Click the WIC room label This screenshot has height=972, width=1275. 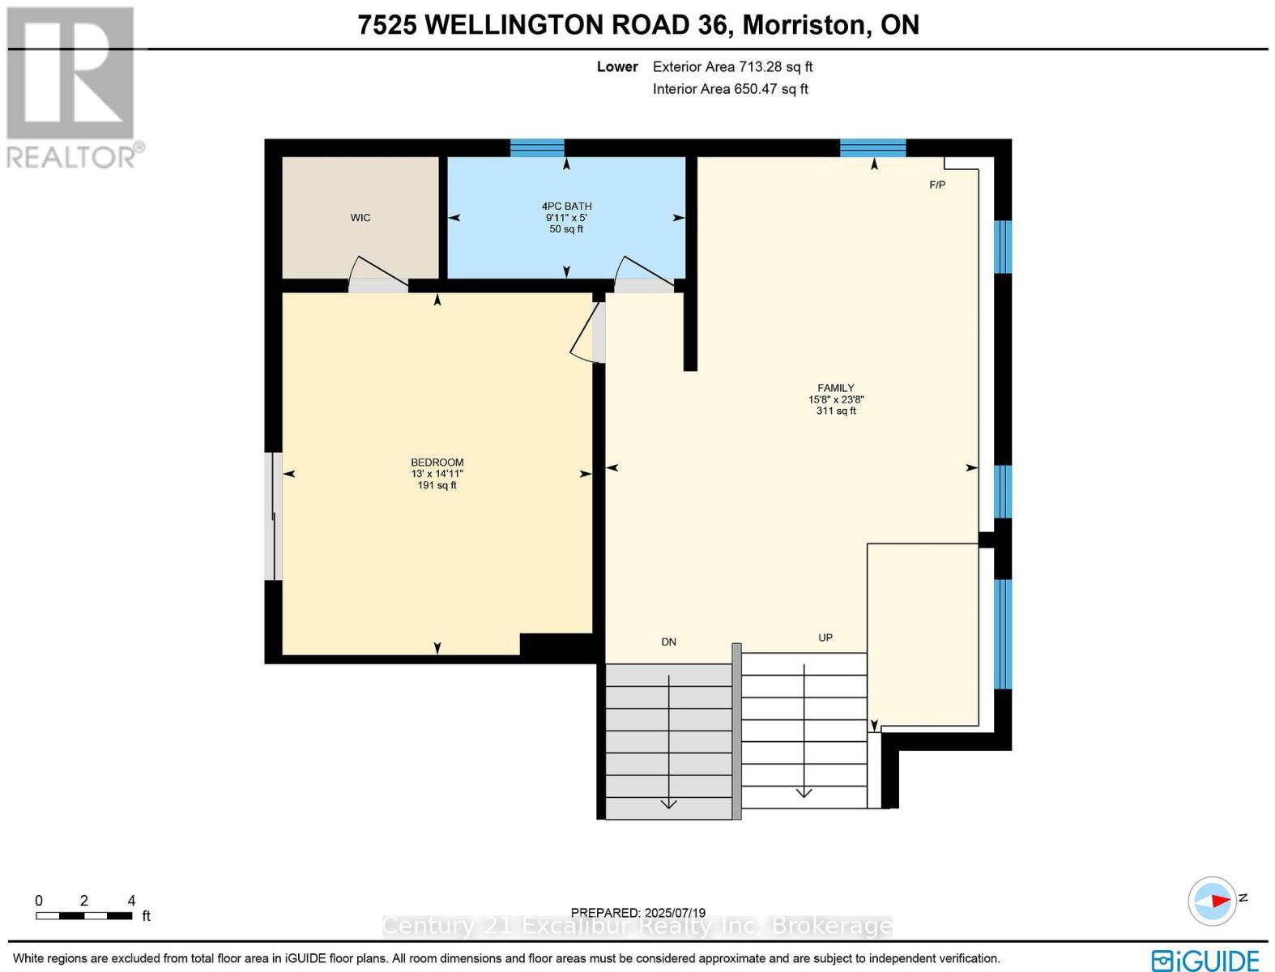(360, 218)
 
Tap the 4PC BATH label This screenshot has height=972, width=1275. (566, 207)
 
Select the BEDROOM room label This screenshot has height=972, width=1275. (437, 463)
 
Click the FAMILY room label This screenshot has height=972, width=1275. (835, 388)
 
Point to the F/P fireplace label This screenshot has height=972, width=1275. (936, 185)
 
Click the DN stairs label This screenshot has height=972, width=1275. (668, 642)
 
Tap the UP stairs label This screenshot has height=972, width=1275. (825, 638)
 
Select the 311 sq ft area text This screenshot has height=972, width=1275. (835, 411)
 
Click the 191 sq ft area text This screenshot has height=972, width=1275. (437, 486)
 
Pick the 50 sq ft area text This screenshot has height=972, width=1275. (566, 229)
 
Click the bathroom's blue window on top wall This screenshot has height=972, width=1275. (537, 147)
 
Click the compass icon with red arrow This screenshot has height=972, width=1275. (1212, 900)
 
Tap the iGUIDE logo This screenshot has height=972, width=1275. (1205, 960)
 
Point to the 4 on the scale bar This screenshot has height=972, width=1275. (131, 901)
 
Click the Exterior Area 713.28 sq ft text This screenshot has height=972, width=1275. (732, 67)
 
